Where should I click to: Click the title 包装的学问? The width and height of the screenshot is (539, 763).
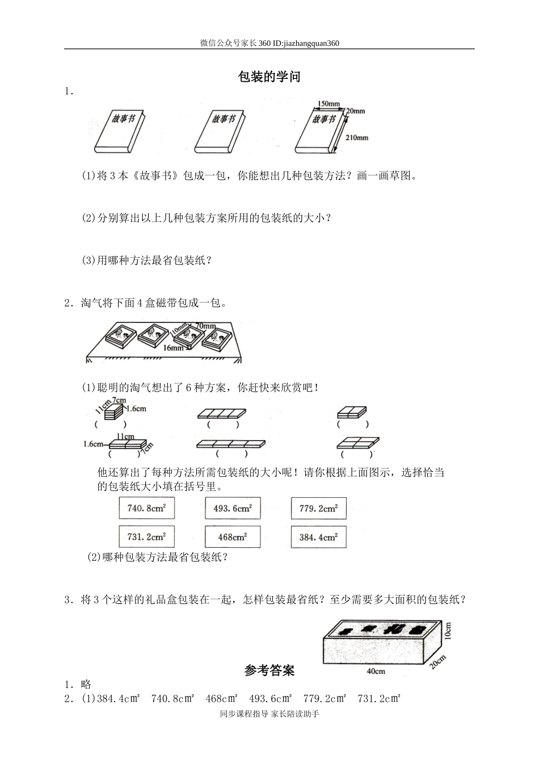pyautogui.click(x=269, y=77)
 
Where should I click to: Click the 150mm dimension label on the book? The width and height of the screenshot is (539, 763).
pyautogui.click(x=329, y=104)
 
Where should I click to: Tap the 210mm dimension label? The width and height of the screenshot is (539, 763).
pyautogui.click(x=356, y=138)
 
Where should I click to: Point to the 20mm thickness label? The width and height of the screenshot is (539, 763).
pyautogui.click(x=355, y=111)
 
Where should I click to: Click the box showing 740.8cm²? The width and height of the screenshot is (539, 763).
pyautogui.click(x=146, y=508)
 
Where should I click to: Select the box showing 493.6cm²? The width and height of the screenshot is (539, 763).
pyautogui.click(x=233, y=508)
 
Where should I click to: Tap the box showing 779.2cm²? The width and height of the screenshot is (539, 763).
pyautogui.click(x=318, y=508)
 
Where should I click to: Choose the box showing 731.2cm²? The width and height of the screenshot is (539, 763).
pyautogui.click(x=146, y=536)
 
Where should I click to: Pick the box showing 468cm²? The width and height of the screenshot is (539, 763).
pyautogui.click(x=233, y=536)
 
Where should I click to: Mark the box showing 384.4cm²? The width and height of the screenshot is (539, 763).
pyautogui.click(x=318, y=536)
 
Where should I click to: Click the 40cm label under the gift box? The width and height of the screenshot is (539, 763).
pyautogui.click(x=376, y=671)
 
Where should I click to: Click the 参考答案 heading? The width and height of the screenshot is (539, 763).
pyautogui.click(x=269, y=670)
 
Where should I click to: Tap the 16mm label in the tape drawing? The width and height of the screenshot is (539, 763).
pyautogui.click(x=173, y=347)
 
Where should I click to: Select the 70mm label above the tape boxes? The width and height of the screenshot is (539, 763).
pyautogui.click(x=205, y=326)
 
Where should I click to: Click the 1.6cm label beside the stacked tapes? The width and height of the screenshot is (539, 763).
pyautogui.click(x=136, y=409)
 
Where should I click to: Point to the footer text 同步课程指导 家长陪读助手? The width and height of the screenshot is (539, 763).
pyautogui.click(x=269, y=714)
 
